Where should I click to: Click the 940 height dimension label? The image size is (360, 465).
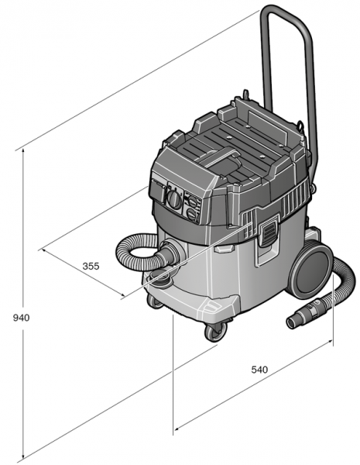22,318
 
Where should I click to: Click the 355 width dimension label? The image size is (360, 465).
91,266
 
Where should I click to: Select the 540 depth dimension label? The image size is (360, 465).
259,370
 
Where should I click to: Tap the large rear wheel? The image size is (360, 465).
311,270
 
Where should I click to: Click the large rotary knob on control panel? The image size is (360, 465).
174,198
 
